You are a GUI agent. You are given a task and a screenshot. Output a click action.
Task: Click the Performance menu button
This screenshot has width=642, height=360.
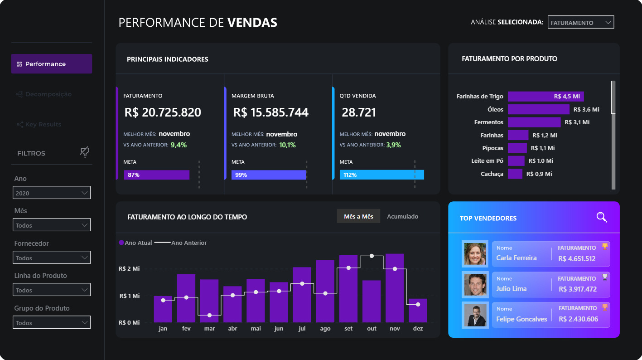(51, 64)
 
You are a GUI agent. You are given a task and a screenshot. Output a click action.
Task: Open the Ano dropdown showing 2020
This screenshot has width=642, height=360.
(52, 193)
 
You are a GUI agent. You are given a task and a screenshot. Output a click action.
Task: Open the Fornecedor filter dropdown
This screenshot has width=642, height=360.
(52, 258)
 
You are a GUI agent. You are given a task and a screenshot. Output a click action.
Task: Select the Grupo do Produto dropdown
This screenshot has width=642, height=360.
(52, 322)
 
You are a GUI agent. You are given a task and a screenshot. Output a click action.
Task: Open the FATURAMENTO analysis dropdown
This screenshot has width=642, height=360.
(580, 22)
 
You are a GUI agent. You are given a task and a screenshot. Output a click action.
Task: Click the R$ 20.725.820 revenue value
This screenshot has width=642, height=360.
(162, 112)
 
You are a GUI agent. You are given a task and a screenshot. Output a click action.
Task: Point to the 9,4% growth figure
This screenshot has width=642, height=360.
(179, 145)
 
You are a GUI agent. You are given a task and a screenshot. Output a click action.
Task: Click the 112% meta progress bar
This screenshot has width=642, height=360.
(381, 175)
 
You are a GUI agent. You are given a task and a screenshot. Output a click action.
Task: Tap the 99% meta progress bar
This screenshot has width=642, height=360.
(268, 175)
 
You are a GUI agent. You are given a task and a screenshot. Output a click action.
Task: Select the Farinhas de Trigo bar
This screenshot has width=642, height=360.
(545, 96)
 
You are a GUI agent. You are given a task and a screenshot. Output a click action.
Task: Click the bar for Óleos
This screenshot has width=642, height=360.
(538, 109)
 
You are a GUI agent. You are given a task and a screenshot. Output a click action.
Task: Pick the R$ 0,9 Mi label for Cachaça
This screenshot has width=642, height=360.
(539, 174)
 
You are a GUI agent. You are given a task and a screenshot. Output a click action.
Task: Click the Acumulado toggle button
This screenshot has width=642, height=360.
(402, 216)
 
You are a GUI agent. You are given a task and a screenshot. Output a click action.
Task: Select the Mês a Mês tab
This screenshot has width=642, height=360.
(358, 216)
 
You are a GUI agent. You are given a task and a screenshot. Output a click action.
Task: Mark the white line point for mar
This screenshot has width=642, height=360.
(209, 315)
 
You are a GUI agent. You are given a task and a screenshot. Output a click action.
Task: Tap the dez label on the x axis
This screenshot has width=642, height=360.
(418, 328)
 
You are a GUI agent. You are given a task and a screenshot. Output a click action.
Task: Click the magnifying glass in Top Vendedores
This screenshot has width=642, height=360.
(601, 217)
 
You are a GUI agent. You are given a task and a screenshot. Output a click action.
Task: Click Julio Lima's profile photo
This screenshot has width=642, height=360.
(475, 285)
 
